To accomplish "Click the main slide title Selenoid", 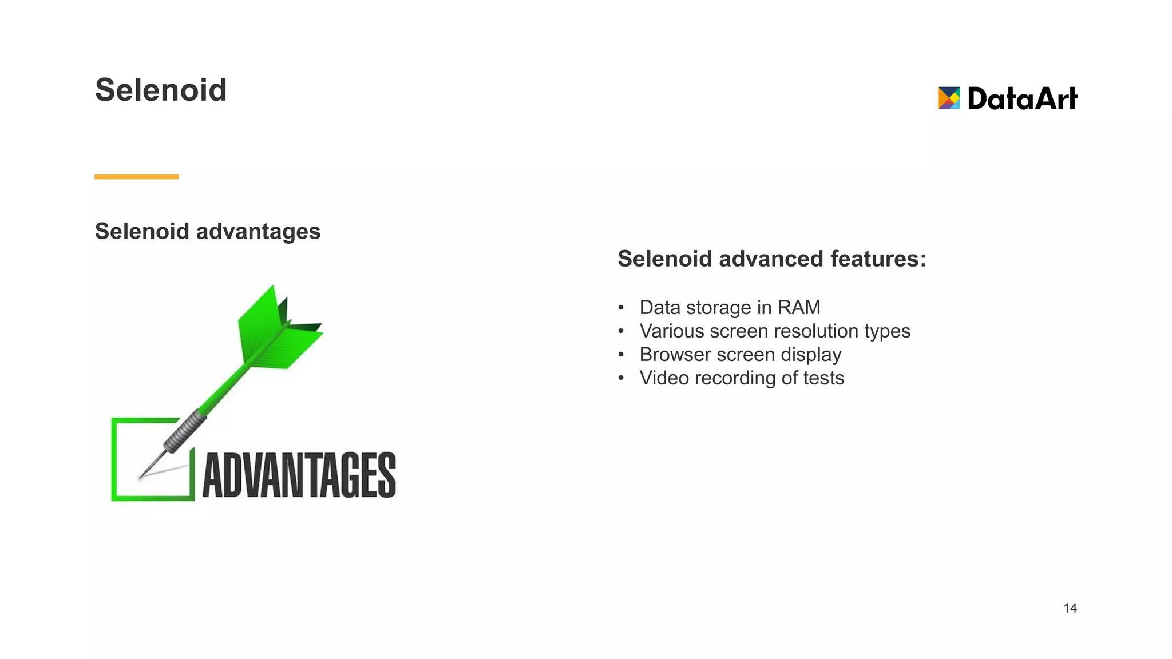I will (x=161, y=90).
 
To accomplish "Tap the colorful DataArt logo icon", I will (x=948, y=98).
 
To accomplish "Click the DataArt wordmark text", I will (x=1022, y=98).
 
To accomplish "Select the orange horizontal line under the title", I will (x=137, y=177).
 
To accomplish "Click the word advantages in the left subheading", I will (x=258, y=232).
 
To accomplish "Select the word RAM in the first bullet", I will (x=799, y=308).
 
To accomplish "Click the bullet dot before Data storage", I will (x=621, y=308).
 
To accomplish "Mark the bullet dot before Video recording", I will (x=621, y=379).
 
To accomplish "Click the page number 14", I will (x=1070, y=608).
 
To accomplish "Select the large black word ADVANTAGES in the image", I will (x=299, y=475).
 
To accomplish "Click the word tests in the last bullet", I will (x=823, y=378).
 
